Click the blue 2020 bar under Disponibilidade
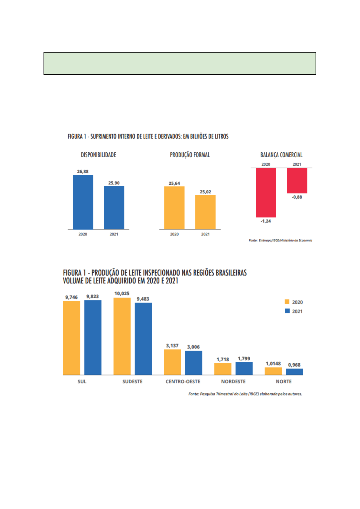(x=83, y=202)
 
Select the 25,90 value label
(x=114, y=183)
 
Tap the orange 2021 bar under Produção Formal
(x=205, y=212)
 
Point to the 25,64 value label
(x=174, y=183)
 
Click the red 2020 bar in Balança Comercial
(x=266, y=193)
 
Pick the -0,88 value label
(x=297, y=197)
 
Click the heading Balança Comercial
(x=281, y=155)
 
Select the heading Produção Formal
(x=190, y=155)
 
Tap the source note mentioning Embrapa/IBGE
(x=280, y=240)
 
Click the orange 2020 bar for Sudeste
(x=122, y=336)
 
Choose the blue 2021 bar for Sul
(x=93, y=337)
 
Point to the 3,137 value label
(x=172, y=345)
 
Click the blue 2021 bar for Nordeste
(x=244, y=368)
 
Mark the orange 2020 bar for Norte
(x=273, y=371)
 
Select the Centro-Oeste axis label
(x=183, y=381)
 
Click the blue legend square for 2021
(x=287, y=311)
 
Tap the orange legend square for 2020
(x=287, y=302)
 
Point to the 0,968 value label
(x=294, y=365)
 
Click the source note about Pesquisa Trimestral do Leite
(x=245, y=394)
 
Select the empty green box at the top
(x=180, y=63)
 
